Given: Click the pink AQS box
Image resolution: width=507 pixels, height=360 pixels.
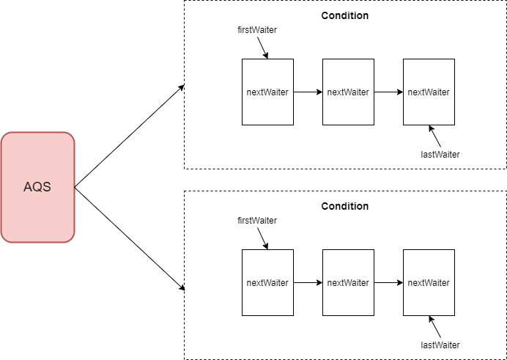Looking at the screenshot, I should click(37, 187).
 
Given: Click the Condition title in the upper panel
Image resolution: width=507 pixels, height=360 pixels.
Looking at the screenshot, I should click(344, 15).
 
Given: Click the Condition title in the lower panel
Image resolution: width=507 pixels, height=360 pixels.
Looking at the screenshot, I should click(344, 206).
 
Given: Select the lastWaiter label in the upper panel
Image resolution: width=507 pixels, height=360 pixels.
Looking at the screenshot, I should click(440, 154).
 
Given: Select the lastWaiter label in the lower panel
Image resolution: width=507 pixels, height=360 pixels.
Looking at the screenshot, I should click(440, 345).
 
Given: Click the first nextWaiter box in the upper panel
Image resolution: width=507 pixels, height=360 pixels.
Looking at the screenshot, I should click(267, 92).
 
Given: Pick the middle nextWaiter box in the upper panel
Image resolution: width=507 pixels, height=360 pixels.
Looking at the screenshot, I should click(348, 92).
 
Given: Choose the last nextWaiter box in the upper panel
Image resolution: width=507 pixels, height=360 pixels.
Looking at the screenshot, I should click(429, 92).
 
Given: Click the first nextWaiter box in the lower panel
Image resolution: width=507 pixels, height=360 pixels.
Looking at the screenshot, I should click(267, 283).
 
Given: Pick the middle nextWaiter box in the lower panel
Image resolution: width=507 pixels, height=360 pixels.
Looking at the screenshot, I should click(348, 283).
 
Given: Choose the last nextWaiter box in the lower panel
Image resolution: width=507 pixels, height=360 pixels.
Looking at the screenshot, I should click(429, 283).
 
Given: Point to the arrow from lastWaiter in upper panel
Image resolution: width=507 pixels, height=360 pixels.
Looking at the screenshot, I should click(436, 137).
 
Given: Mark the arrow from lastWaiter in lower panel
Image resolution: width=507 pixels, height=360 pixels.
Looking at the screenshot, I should click(436, 328).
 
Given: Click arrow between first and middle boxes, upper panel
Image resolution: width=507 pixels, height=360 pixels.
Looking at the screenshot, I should click(308, 92).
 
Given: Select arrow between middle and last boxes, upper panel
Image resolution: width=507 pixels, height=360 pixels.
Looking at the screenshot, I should click(388, 92).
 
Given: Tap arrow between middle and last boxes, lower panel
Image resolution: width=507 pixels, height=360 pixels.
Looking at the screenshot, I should click(388, 283).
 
